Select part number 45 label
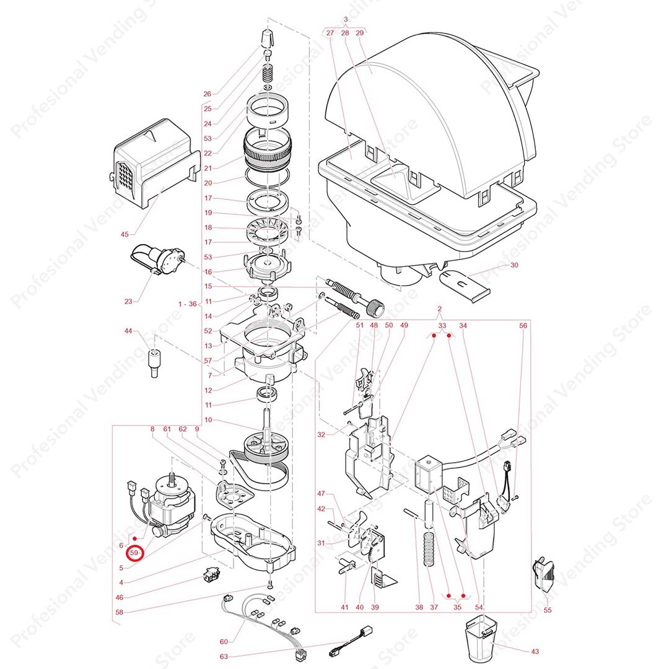125,235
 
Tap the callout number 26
208,94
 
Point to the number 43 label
535,651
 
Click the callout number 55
547,610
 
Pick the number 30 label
514,265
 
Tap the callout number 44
128,332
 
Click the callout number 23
128,302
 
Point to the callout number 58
120,612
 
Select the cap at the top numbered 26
268,39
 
